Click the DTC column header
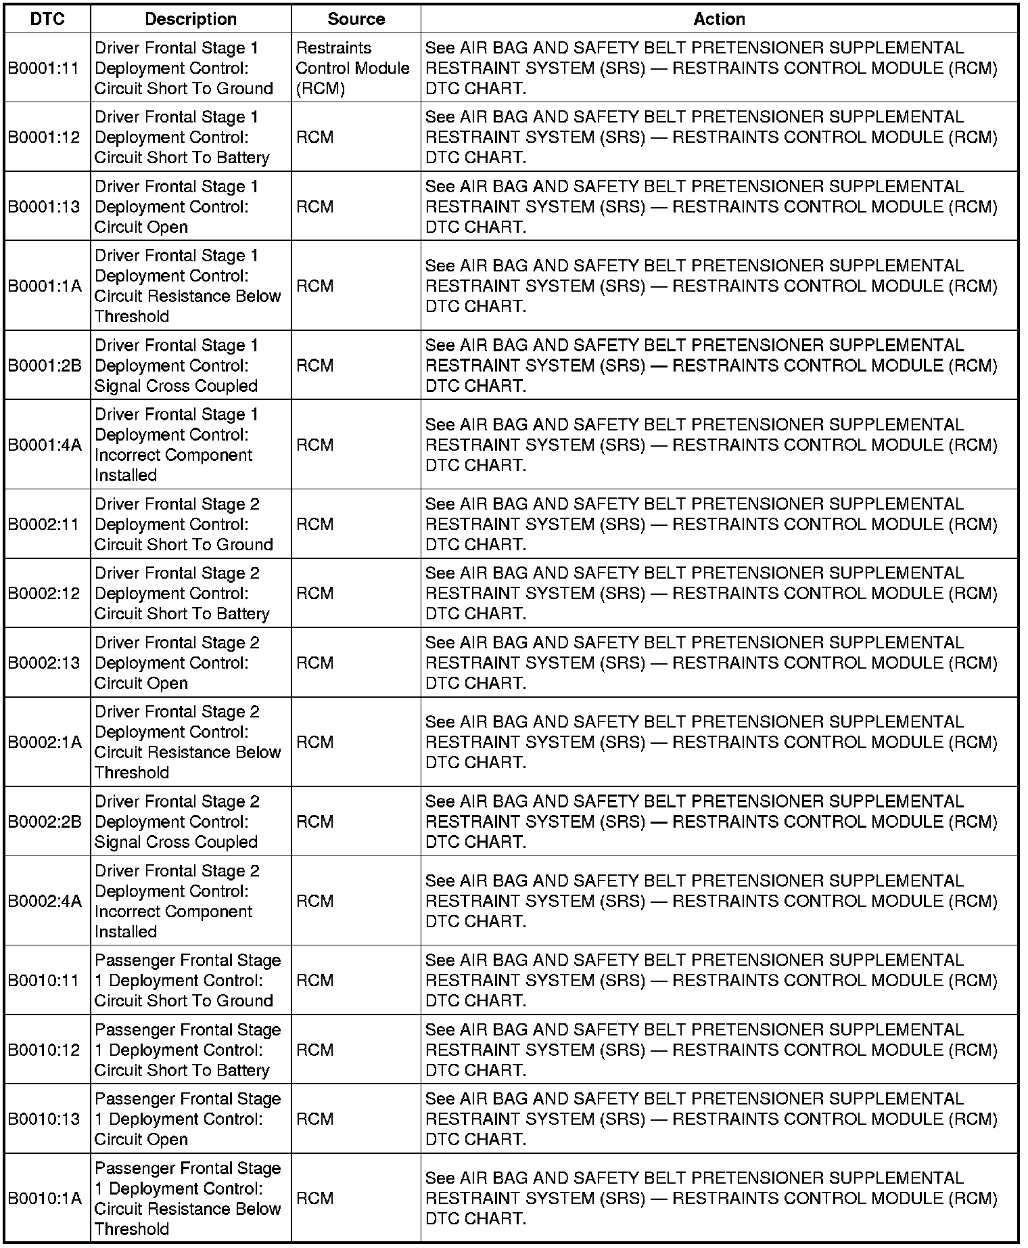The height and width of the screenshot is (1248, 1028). (x=47, y=19)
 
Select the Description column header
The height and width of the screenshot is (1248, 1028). (x=191, y=19)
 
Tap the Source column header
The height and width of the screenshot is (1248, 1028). (x=356, y=19)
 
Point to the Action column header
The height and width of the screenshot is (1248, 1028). (x=719, y=19)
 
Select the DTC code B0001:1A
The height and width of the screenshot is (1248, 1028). (x=45, y=286)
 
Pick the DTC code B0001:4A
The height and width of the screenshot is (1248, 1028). (x=45, y=445)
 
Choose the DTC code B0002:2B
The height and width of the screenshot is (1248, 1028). (x=45, y=822)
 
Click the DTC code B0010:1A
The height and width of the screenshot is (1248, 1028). (x=45, y=1199)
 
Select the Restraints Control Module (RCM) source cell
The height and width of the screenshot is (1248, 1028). (x=352, y=68)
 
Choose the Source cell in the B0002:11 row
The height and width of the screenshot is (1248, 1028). (x=315, y=525)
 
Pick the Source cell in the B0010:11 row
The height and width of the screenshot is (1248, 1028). (x=315, y=981)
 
